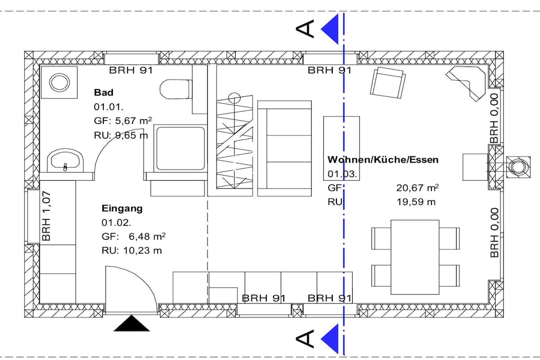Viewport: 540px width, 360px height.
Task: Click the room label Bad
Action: pos(103,92)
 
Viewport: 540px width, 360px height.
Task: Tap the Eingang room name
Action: pos(122,208)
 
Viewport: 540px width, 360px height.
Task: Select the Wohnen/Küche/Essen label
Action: pos(383,160)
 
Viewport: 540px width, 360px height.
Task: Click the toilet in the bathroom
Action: pos(176,90)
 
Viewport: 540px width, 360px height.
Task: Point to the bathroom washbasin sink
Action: pos(65,161)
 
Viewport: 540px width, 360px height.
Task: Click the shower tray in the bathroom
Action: pos(180,148)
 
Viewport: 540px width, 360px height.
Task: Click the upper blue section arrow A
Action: pos(330,30)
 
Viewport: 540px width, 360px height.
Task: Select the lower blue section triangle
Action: pos(330,339)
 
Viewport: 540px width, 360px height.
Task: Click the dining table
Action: pos(415,257)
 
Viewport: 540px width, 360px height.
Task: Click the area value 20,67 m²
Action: pos(418,188)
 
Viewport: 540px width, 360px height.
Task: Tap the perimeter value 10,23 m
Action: pos(142,250)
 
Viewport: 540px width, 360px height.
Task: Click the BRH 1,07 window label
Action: pos(46,216)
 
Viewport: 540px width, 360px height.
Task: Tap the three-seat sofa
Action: pos(284,148)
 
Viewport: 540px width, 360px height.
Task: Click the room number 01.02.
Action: pos(116,222)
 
